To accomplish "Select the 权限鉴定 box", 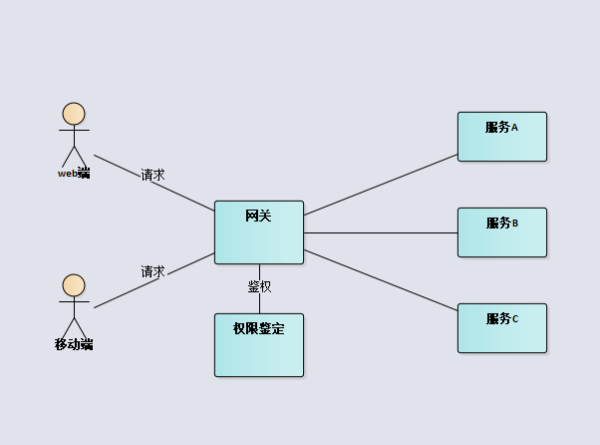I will point(258,349).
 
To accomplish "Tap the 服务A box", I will point(501,141).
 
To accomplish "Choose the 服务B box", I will point(501,236).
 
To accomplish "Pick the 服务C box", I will point(501,332).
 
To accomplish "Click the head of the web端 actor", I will point(74,114).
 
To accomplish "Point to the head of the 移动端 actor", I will point(74,285).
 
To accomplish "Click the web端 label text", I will point(74,174).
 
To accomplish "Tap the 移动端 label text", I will point(74,344).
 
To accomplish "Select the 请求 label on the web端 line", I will point(152,175).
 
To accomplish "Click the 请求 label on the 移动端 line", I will point(152,271).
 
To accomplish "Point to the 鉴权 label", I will point(259,286).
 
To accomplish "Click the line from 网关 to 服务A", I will point(381,184).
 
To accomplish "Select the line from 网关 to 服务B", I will point(381,232).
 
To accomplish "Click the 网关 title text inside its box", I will point(258,215).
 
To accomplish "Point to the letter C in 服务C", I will point(514,319).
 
